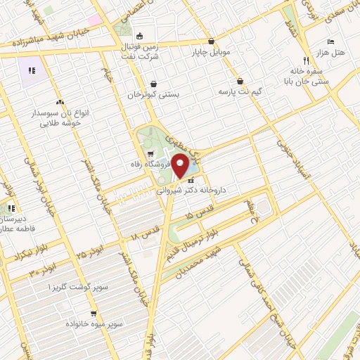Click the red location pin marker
(181, 167)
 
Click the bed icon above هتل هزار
(330, 41)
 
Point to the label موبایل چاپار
(212, 52)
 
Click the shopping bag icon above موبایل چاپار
(212, 41)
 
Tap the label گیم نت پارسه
(240, 92)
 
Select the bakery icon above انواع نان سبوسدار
(60, 102)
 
